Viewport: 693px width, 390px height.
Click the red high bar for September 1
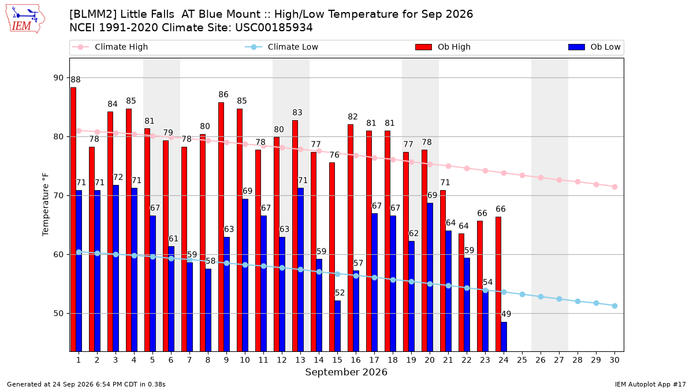click(x=73, y=220)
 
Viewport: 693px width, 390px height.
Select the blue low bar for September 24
click(x=504, y=337)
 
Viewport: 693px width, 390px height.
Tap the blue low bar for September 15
click(x=337, y=326)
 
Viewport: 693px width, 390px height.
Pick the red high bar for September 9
click(x=221, y=227)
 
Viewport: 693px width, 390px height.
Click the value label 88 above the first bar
click(x=76, y=80)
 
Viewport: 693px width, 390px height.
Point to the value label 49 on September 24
click(x=506, y=314)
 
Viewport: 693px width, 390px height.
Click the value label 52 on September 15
click(x=340, y=293)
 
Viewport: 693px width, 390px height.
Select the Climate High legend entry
click(x=110, y=47)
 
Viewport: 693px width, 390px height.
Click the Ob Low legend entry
click(x=594, y=47)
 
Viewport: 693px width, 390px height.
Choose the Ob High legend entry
click(x=443, y=47)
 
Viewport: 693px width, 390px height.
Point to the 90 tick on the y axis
click(x=58, y=77)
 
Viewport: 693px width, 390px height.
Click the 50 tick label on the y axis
click(x=58, y=314)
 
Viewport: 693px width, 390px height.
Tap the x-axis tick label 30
click(x=614, y=360)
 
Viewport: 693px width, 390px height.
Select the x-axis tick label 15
click(x=337, y=360)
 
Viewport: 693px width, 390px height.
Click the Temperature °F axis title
click(x=46, y=205)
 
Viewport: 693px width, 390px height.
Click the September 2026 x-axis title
click(x=346, y=372)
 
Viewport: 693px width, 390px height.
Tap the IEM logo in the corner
click(x=25, y=19)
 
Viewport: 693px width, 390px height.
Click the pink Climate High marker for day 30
click(x=614, y=187)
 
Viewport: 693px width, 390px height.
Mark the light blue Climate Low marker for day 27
click(x=559, y=299)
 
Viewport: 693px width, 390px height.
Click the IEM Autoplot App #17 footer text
click(x=650, y=384)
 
